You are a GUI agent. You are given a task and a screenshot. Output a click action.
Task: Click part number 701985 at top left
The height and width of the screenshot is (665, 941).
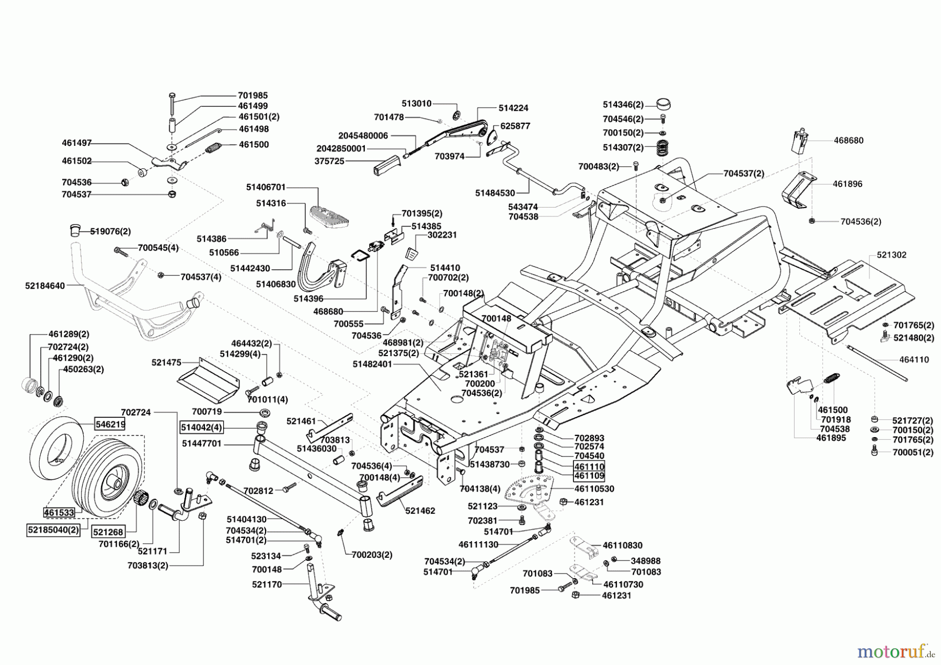(x=253, y=95)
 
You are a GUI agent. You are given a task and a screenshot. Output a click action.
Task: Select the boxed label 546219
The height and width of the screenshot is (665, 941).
(x=110, y=425)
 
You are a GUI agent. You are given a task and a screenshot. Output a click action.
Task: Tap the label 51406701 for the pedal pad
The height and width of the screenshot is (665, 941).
(x=266, y=187)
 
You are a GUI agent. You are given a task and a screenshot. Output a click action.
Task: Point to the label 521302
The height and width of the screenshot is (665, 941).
(x=892, y=255)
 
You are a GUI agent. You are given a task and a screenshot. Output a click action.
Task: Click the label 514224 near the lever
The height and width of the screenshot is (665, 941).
(x=513, y=108)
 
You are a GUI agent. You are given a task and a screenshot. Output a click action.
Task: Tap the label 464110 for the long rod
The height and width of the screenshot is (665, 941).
(x=914, y=360)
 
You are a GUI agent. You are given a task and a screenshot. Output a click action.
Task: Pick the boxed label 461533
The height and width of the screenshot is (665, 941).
(x=59, y=512)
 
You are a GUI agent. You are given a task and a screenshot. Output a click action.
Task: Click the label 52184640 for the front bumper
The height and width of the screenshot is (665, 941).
(x=45, y=286)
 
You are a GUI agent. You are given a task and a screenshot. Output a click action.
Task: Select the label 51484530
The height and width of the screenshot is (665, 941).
(x=495, y=193)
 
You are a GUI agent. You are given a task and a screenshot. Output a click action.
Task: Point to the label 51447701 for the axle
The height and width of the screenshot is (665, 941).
(x=202, y=443)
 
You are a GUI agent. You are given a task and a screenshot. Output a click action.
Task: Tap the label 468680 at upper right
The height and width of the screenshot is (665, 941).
(x=848, y=140)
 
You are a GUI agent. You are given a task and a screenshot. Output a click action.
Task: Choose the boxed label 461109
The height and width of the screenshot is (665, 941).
(x=589, y=476)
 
